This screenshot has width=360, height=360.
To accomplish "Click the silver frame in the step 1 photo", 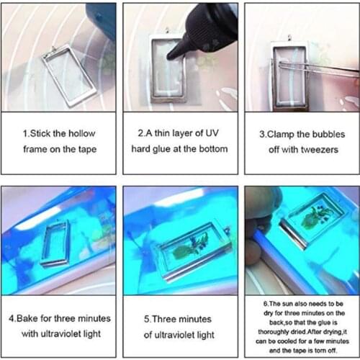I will [x=65, y=72].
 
